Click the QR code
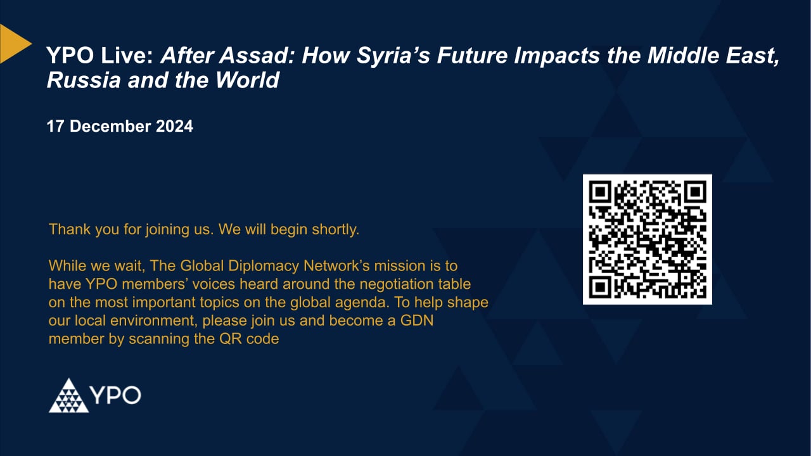(647, 239)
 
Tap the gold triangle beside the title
(13, 43)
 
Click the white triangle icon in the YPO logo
(68, 396)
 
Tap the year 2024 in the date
(174, 126)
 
